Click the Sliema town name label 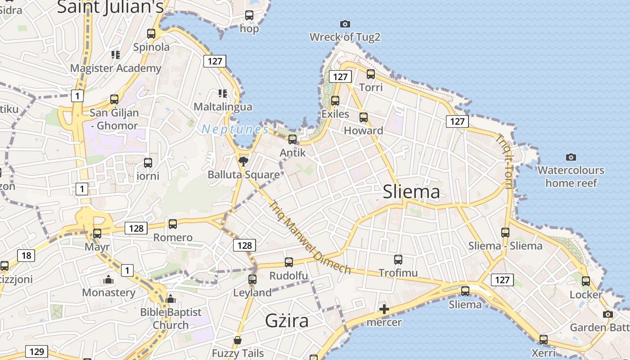tap(411, 192)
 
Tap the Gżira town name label tap(287, 321)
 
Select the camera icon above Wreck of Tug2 tap(345, 24)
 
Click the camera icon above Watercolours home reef tap(571, 157)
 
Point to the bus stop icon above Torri tap(371, 74)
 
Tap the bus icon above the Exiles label tap(335, 101)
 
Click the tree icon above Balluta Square tap(243, 161)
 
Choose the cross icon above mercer tap(384, 309)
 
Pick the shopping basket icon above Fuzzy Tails tap(238, 340)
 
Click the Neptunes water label tap(235, 130)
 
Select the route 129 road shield tap(36, 351)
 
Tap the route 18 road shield tap(26, 256)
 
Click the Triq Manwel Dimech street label tap(310, 237)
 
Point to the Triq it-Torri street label tap(505, 162)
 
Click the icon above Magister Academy tap(116, 55)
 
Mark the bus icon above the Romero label tap(173, 224)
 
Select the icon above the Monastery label tap(108, 280)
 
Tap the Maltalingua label tap(223, 107)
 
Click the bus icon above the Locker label tap(586, 281)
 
